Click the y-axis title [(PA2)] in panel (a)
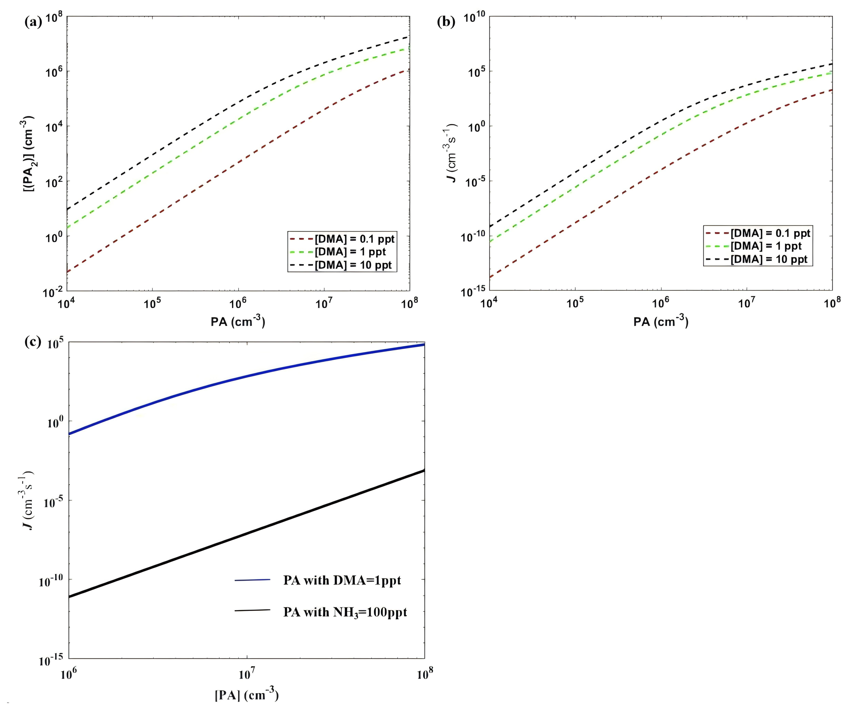(29, 154)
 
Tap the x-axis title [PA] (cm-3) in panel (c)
(247, 694)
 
